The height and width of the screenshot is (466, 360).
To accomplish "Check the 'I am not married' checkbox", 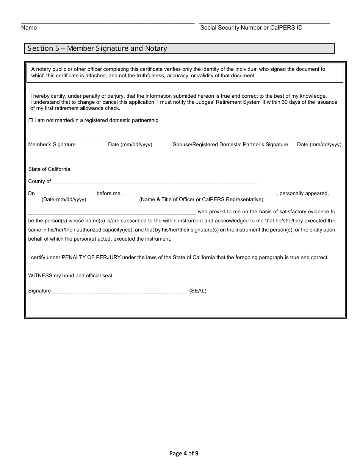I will click(31, 120).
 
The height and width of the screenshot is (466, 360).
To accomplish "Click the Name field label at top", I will click(29, 28).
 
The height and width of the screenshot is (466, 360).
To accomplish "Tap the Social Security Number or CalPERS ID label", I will click(251, 28).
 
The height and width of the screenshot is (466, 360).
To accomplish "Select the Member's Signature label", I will click(52, 144).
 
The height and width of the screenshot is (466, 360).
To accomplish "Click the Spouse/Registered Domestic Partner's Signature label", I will click(230, 144).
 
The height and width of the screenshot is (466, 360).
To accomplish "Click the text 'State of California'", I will click(49, 169).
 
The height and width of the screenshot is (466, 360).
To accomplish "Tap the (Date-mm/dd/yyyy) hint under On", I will click(64, 199).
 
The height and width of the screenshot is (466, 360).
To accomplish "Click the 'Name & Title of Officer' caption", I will click(201, 199).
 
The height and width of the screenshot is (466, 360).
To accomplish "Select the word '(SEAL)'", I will click(198, 291).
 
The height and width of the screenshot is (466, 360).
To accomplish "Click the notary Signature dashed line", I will click(119, 292).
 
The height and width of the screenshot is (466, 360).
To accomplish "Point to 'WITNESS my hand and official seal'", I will click(71, 275).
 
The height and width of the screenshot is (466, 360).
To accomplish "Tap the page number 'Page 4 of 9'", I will click(184, 453).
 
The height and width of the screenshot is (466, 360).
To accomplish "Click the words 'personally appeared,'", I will click(304, 193).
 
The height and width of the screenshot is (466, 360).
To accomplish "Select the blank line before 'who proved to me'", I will click(112, 213).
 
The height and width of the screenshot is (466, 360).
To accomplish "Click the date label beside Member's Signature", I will click(130, 144).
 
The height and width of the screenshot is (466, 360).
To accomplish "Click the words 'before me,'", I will click(109, 193).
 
